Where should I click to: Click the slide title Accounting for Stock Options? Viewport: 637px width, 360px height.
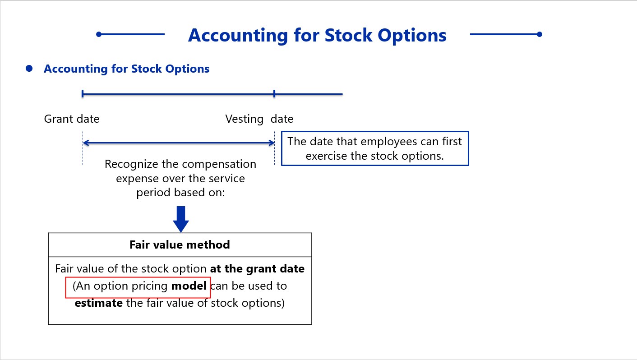[317, 36]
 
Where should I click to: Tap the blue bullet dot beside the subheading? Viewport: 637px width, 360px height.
[29, 69]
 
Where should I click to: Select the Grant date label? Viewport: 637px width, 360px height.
[72, 119]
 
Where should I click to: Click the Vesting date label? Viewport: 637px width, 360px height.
[259, 119]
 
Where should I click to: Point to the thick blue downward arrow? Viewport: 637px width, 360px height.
[181, 219]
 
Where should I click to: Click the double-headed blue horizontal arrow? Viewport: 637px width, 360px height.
[179, 143]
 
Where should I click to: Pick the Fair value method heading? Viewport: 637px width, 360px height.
[180, 245]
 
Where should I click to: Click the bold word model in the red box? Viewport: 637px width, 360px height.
[189, 286]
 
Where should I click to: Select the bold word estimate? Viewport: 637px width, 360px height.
[99, 303]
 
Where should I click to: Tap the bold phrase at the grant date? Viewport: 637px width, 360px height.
[257, 269]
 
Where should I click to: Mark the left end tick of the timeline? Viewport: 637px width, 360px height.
[83, 94]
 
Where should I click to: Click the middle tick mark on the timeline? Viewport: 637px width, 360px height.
[274, 94]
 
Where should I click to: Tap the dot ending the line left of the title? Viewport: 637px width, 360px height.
[99, 34]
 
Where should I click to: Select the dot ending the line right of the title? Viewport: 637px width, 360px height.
[540, 34]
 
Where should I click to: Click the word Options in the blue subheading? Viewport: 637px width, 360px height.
[187, 69]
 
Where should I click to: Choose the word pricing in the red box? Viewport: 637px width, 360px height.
[149, 286]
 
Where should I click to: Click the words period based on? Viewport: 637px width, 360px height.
[180, 193]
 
